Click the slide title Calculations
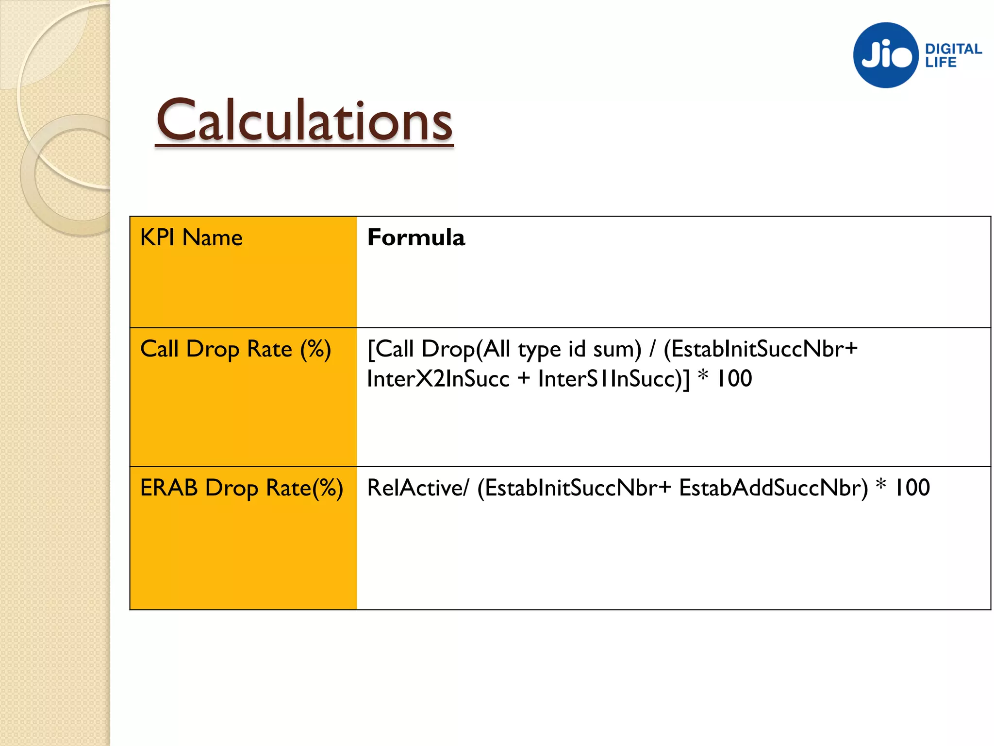click(x=304, y=120)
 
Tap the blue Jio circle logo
click(x=886, y=55)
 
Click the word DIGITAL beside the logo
click(x=953, y=49)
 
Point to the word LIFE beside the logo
click(x=940, y=62)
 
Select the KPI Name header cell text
click(x=191, y=238)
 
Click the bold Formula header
click(x=416, y=238)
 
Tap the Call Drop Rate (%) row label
click(x=235, y=349)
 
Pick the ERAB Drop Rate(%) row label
click(x=241, y=488)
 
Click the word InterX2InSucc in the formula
click(x=438, y=379)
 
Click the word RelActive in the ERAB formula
click(x=415, y=488)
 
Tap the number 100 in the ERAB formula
click(x=911, y=488)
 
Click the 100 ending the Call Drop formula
click(x=734, y=379)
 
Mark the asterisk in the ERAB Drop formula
click(x=880, y=485)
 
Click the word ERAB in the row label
click(x=169, y=488)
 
